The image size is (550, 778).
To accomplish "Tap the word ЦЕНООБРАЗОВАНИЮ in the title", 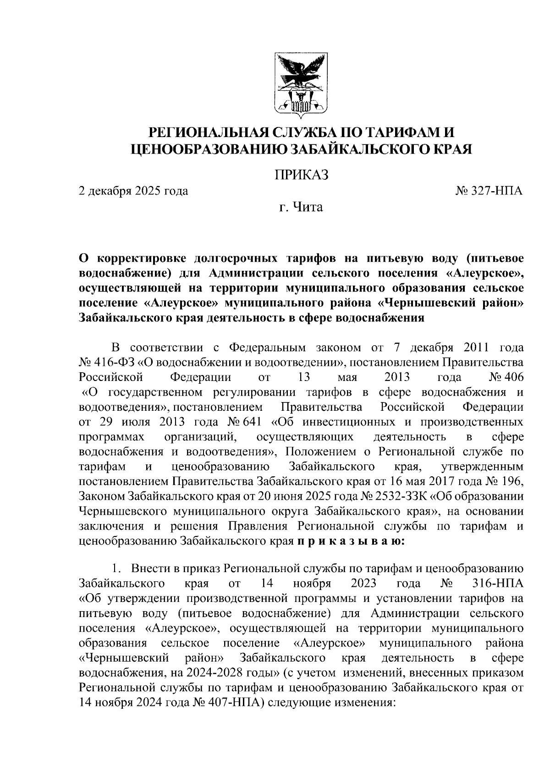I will (x=209, y=149).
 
